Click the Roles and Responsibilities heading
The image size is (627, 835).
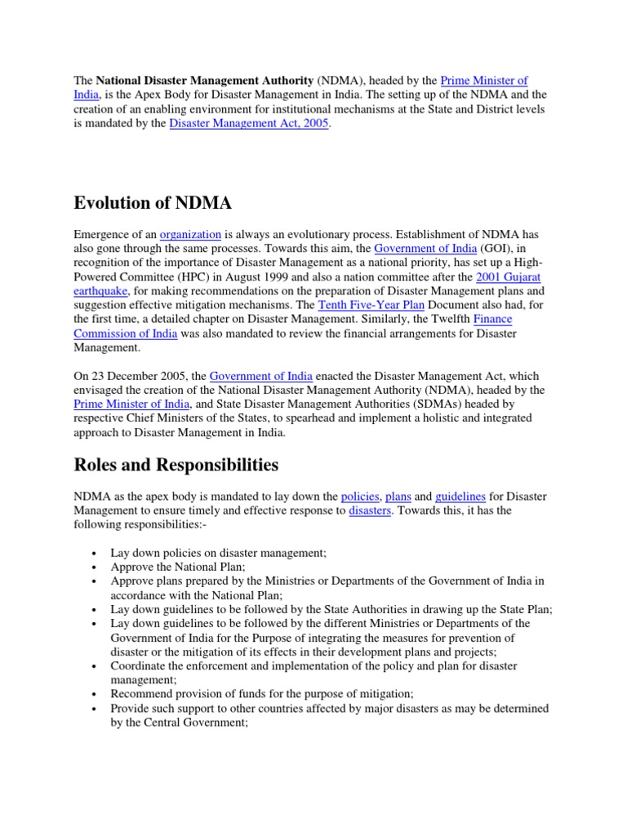click(176, 465)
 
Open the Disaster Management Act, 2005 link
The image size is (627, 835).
click(248, 123)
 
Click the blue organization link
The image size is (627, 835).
click(190, 234)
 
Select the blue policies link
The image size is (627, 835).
click(360, 496)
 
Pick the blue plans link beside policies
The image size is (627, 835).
click(398, 496)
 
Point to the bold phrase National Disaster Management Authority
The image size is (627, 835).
click(205, 81)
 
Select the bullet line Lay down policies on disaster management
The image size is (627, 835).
click(218, 552)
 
